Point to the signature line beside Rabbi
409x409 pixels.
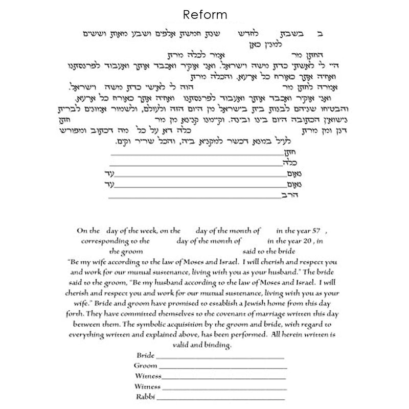coord(220,398)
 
